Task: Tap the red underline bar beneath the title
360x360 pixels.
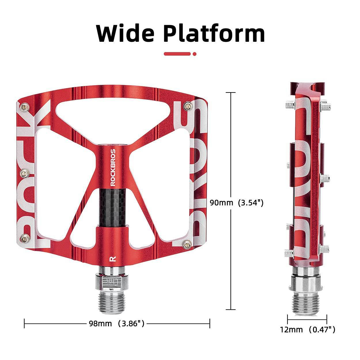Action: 177,54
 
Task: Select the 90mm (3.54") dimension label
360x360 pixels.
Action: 236,203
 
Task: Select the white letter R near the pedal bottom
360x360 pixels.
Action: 111,258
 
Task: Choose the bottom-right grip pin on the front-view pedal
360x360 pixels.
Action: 188,245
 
